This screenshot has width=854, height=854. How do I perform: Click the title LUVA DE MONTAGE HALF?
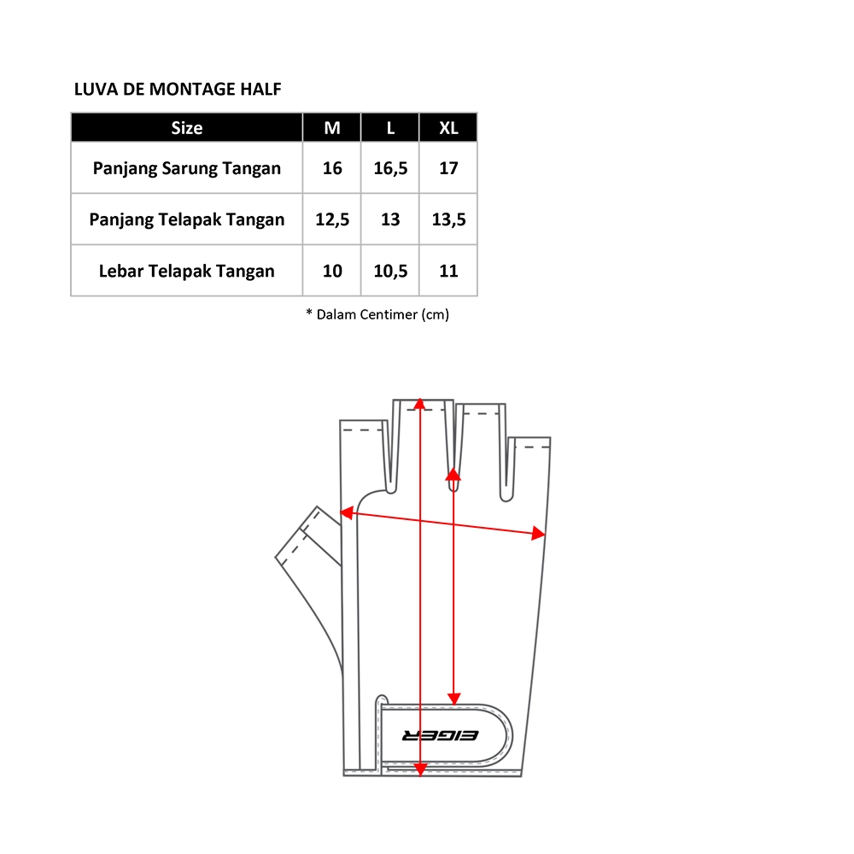tap(178, 89)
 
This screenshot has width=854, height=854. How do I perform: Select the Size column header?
tap(187, 128)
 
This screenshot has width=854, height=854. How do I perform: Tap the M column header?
tap(332, 128)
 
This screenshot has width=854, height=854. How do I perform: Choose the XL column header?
tap(449, 128)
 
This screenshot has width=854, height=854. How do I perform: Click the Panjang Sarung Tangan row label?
tap(187, 168)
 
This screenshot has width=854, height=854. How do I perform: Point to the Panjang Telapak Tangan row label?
tap(187, 219)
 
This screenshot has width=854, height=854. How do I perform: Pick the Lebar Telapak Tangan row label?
tap(187, 271)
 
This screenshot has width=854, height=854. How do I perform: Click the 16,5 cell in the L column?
tap(390, 168)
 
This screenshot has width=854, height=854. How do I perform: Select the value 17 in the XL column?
tap(449, 168)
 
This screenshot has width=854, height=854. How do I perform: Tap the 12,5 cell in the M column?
tap(332, 219)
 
